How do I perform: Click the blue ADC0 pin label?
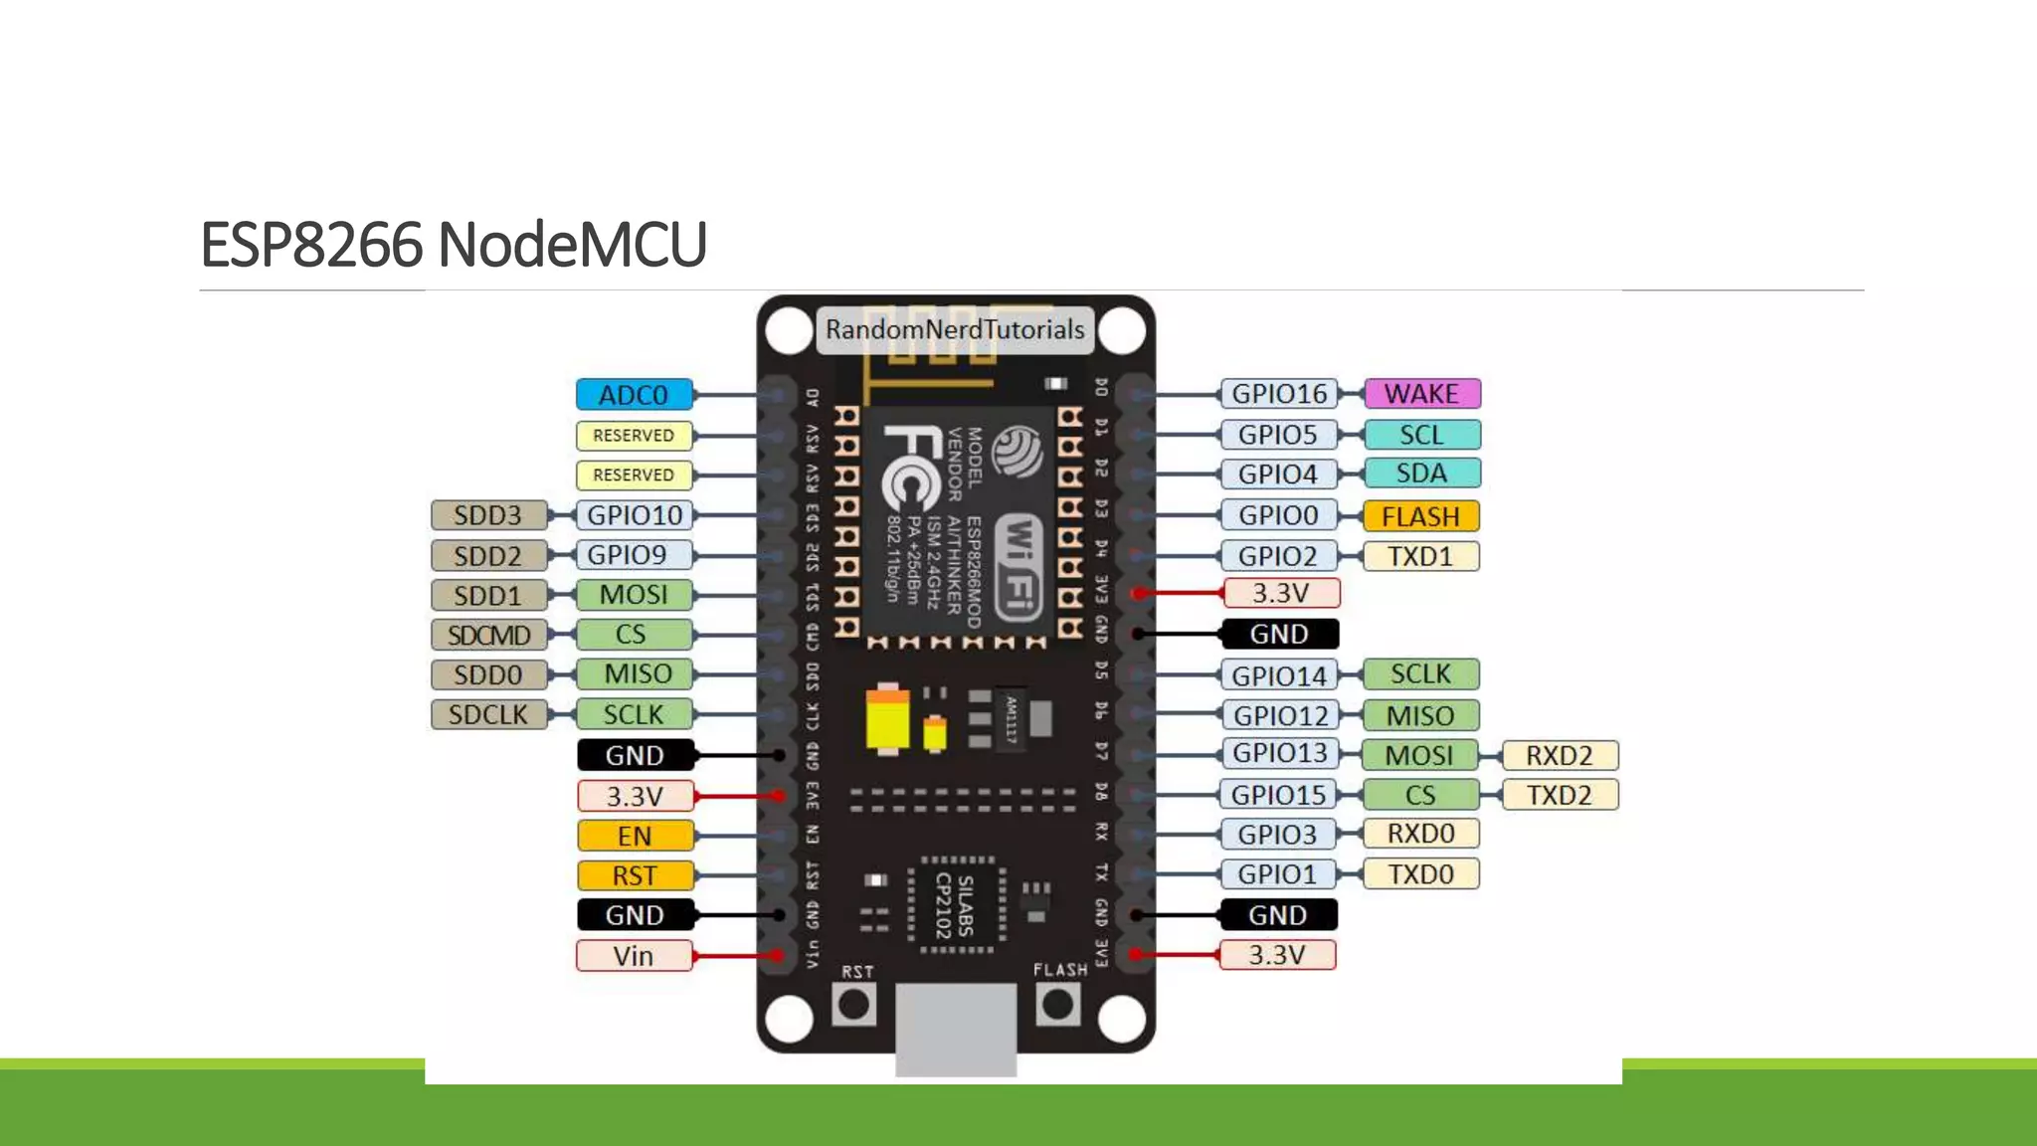pyautogui.click(x=634, y=395)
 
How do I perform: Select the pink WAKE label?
pyautogui.click(x=1421, y=394)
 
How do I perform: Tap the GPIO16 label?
pyautogui.click(x=1279, y=394)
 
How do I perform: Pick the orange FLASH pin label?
pyautogui.click(x=1420, y=516)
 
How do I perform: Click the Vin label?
pyautogui.click(x=634, y=956)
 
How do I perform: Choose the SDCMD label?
pyautogui.click(x=488, y=635)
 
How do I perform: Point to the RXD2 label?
pyautogui.click(x=1559, y=755)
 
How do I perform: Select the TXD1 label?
pyautogui.click(x=1420, y=556)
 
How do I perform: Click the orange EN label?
pyautogui.click(x=634, y=836)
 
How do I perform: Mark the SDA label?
pyautogui.click(x=1421, y=474)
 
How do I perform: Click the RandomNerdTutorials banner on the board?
pyautogui.click(x=955, y=330)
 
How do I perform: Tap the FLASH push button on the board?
pyautogui.click(x=1057, y=1005)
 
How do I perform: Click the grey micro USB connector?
pyautogui.click(x=956, y=1030)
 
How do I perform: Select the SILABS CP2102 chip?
pyautogui.click(x=955, y=905)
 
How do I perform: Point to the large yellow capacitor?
pyautogui.click(x=887, y=718)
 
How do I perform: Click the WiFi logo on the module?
pyautogui.click(x=1018, y=567)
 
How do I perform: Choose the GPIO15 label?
pyautogui.click(x=1278, y=795)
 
